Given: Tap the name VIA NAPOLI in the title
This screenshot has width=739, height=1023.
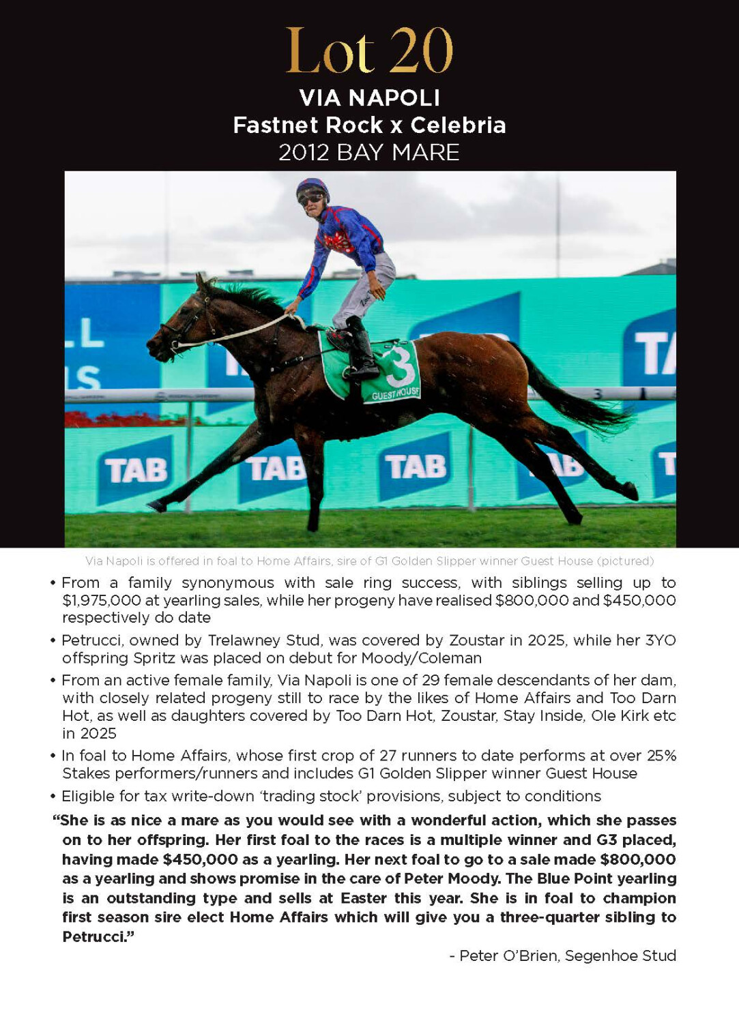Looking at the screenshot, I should pos(369,98).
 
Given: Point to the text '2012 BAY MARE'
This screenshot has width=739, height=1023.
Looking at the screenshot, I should pos(369,152).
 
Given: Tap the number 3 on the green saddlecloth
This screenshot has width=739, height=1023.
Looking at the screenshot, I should pos(400,367).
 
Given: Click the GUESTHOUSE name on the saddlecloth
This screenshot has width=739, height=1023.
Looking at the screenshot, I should pos(396,394).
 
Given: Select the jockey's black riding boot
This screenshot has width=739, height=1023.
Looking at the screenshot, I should pos(360,348).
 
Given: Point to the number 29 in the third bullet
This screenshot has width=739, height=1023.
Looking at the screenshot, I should pos(430,680).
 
